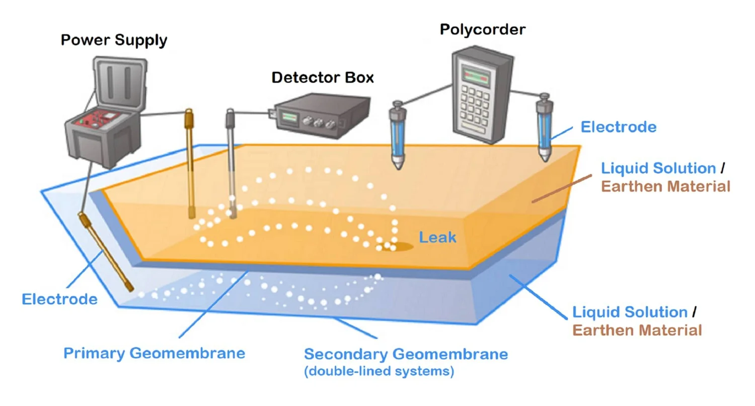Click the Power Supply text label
tap(114, 40)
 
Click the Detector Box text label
tap(323, 78)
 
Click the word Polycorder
tap(482, 29)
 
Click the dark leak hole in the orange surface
tap(401, 246)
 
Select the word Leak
tap(438, 237)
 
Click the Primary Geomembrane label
tap(154, 353)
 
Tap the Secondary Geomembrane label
tap(406, 354)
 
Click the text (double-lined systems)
tap(379, 372)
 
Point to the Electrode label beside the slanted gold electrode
tap(59, 299)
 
